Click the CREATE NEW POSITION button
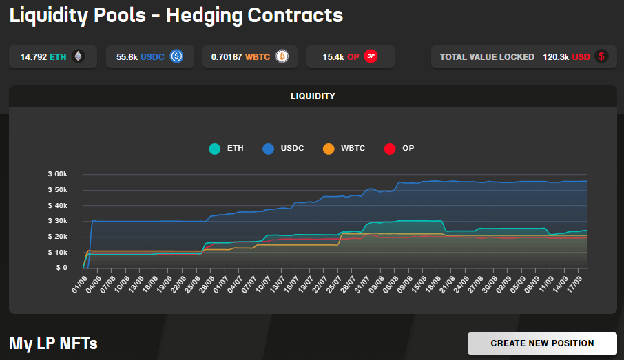(542, 343)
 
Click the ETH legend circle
(215, 149)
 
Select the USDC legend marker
(268, 149)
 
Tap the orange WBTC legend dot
(329, 149)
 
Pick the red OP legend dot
(390, 149)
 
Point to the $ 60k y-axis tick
(57, 175)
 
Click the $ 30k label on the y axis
(57, 221)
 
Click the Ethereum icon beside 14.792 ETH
(78, 56)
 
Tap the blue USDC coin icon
(176, 56)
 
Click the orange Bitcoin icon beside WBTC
(281, 56)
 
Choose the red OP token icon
(371, 56)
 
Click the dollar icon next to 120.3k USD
(602, 56)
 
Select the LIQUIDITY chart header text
(313, 96)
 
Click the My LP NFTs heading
(53, 343)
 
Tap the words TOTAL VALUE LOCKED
(487, 57)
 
